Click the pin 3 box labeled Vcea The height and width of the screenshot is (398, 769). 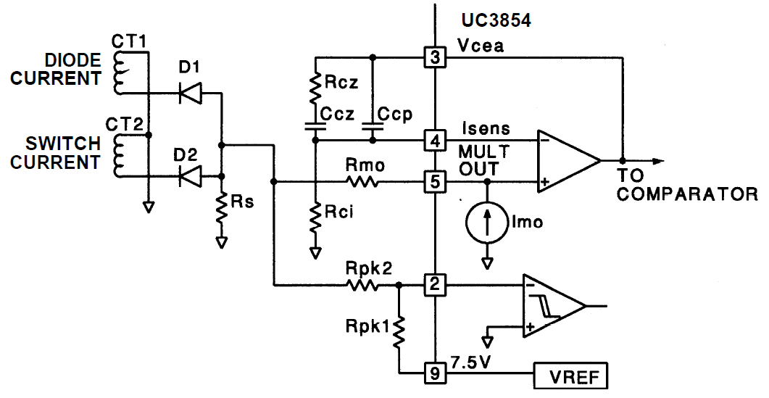[x=434, y=57]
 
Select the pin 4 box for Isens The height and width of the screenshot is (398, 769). [x=434, y=139]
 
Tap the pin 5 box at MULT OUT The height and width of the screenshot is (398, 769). [x=434, y=181]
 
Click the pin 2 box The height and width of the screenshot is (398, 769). [x=434, y=286]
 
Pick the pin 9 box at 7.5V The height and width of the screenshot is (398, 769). [x=434, y=373]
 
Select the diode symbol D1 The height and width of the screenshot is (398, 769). [x=190, y=92]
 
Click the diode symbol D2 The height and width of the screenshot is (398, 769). [x=190, y=175]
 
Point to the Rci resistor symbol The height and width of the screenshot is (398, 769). [x=315, y=217]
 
